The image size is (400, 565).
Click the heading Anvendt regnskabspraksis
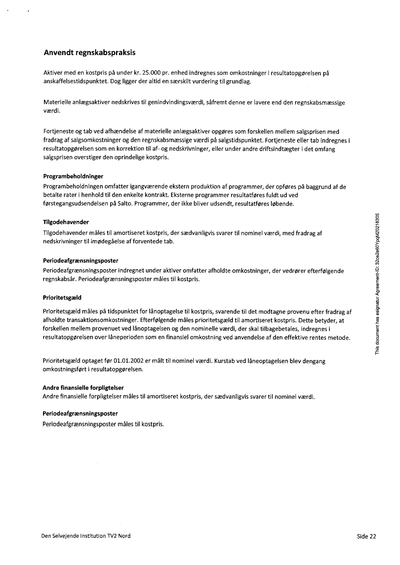click(92, 52)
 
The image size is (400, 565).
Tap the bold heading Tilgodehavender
click(66, 222)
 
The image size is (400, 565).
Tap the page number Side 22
click(366, 536)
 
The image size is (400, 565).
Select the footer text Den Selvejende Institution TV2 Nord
click(86, 536)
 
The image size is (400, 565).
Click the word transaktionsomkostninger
click(101, 320)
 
